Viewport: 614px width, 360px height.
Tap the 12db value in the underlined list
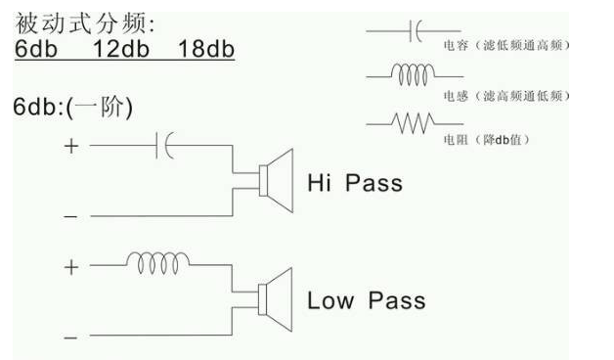point(122,48)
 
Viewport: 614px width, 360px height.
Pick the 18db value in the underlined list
point(206,48)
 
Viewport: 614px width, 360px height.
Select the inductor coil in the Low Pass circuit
point(160,264)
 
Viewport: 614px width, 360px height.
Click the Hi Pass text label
point(354,183)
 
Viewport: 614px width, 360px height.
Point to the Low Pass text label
point(366,300)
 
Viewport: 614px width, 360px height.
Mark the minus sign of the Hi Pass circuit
point(69,215)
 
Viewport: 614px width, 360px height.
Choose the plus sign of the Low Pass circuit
point(69,266)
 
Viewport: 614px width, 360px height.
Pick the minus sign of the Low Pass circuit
point(69,337)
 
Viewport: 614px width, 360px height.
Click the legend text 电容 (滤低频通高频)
point(501,46)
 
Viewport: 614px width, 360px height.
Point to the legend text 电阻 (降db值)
point(481,140)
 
